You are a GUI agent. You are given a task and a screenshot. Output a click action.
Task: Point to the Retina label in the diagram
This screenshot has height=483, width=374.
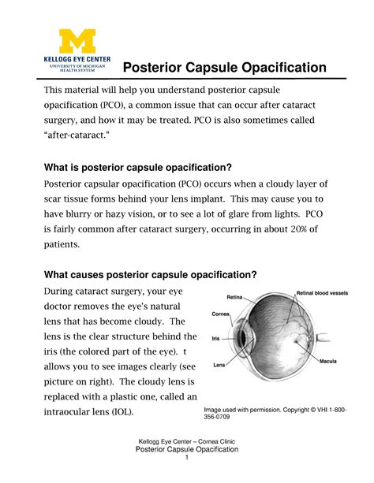coord(234,298)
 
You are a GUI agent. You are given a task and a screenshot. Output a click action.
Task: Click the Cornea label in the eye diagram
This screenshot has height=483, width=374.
coord(220,313)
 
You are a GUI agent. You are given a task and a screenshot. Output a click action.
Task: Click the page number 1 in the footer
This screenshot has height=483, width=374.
coord(187,459)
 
